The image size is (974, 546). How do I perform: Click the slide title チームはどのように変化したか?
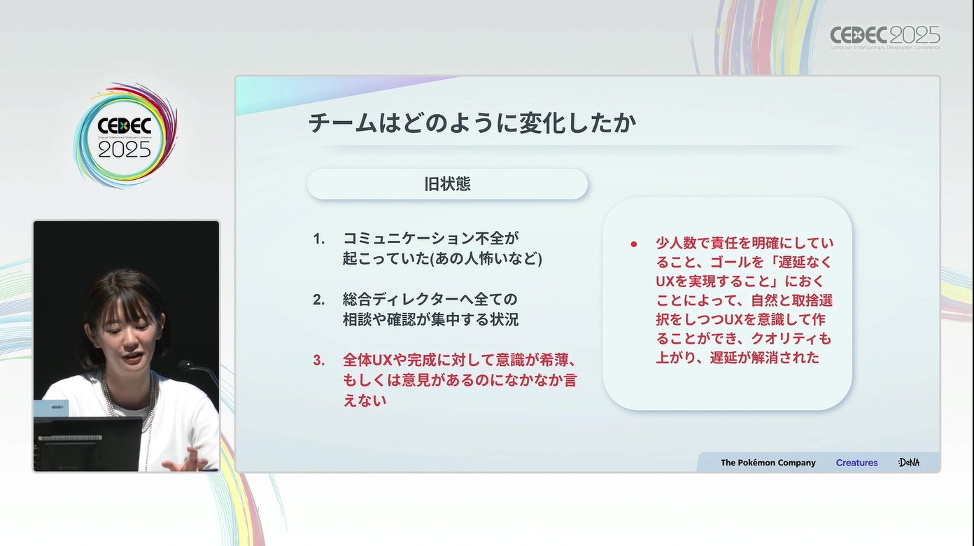pyautogui.click(x=472, y=123)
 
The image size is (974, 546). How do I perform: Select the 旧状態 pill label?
pyautogui.click(x=447, y=184)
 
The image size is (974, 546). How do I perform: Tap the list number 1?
pyautogui.click(x=319, y=239)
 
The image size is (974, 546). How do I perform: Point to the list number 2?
pyautogui.click(x=319, y=300)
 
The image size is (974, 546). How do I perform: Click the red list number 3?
pyautogui.click(x=319, y=360)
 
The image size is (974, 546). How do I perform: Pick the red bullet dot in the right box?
pyautogui.click(x=634, y=244)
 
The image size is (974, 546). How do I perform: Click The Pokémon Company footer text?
pyautogui.click(x=768, y=463)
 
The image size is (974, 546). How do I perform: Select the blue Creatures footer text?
pyautogui.click(x=856, y=463)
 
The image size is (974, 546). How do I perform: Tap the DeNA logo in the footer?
pyautogui.click(x=909, y=463)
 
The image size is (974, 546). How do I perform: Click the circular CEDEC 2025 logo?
pyautogui.click(x=125, y=135)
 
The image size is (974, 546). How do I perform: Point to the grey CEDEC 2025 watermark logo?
pyautogui.click(x=884, y=37)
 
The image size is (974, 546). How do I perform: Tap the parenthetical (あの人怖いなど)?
pyautogui.click(x=486, y=259)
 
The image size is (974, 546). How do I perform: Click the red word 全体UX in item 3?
pyautogui.click(x=368, y=360)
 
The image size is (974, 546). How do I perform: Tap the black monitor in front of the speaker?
pyautogui.click(x=87, y=444)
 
